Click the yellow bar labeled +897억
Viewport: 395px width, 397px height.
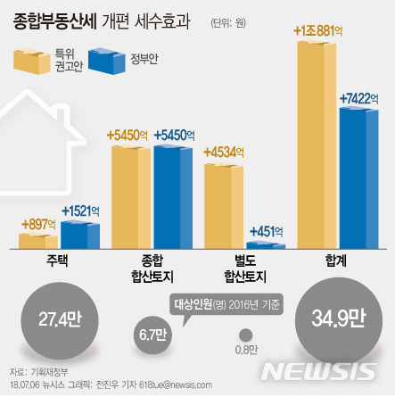point(38,240)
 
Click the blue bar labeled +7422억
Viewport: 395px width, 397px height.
point(359,178)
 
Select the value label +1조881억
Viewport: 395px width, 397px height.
point(317,32)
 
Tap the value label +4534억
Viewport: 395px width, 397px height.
point(226,152)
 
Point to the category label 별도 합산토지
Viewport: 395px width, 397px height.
point(243,269)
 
